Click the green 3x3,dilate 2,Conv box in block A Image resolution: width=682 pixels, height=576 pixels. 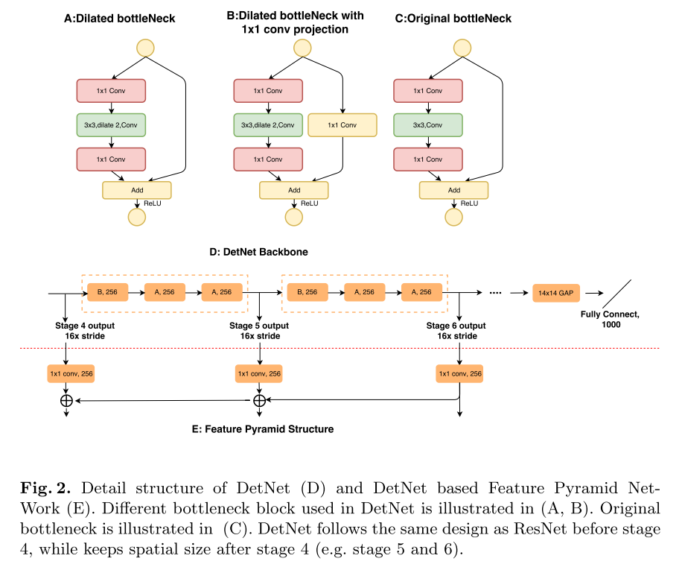111,124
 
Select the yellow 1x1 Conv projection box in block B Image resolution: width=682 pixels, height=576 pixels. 342,124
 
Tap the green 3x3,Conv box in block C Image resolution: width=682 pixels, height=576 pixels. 427,124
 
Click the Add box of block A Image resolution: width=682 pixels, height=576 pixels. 137,190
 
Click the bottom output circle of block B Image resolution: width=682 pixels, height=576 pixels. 294,217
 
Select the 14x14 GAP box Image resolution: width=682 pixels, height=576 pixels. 556,293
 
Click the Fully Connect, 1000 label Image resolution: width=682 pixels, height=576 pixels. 610,320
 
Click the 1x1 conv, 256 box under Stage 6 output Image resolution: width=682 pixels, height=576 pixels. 459,373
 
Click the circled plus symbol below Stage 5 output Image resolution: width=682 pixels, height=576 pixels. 259,401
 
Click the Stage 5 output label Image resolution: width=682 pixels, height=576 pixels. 259,326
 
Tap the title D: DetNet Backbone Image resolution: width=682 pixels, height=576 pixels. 260,252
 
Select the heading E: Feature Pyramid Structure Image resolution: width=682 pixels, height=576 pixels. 259,429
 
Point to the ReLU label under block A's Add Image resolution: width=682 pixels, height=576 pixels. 152,202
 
